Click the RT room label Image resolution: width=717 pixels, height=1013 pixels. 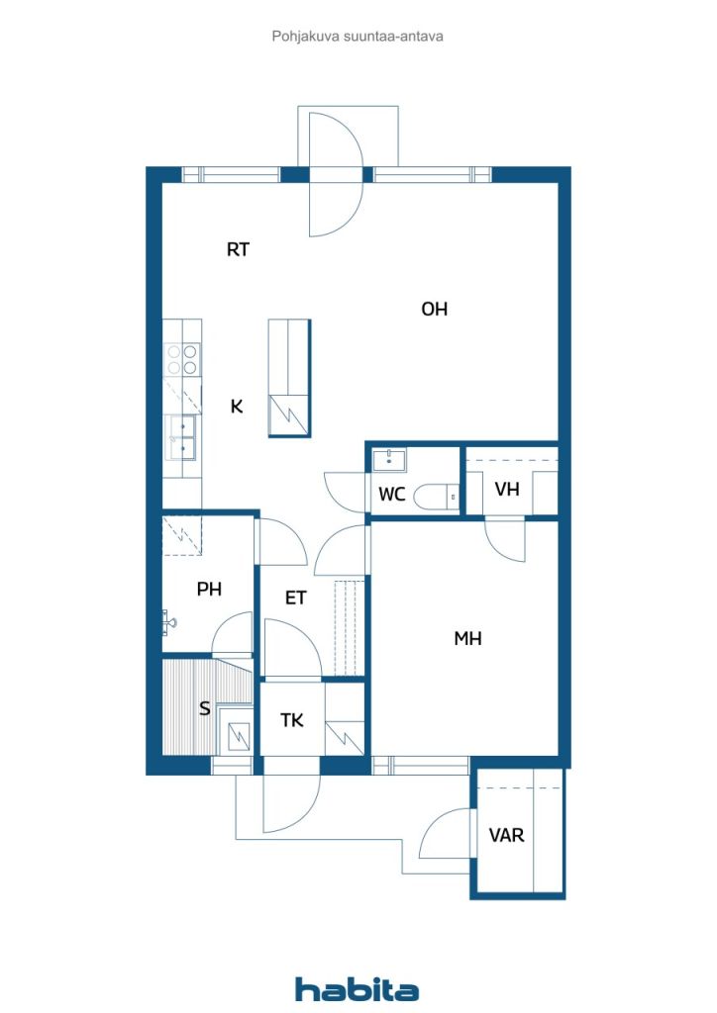tap(238, 250)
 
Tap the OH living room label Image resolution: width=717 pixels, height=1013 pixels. tap(435, 310)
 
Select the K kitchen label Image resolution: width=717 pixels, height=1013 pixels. tap(237, 407)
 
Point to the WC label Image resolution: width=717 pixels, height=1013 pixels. tap(392, 495)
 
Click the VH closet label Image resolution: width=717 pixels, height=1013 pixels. tap(507, 490)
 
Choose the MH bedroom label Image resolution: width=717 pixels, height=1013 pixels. tap(467, 639)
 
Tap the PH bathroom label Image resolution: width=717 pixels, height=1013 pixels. tap(209, 590)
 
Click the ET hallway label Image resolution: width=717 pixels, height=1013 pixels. tap(295, 598)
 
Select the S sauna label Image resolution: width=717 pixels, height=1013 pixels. tap(205, 709)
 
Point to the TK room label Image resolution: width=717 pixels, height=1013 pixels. tap(291, 721)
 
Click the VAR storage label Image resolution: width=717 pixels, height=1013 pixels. tap(506, 835)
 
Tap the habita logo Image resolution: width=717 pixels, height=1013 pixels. tap(358, 989)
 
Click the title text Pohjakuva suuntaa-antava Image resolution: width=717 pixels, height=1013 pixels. tap(357, 36)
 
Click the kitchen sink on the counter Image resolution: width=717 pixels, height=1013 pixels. tap(182, 436)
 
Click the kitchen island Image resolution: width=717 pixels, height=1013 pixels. tap(288, 378)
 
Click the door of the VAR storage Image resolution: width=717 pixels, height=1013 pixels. tap(446, 834)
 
